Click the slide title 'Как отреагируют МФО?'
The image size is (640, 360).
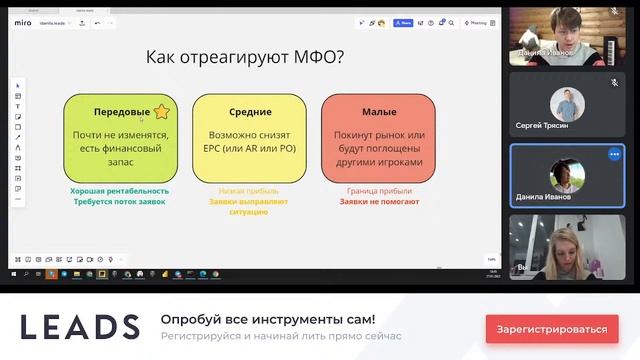click(245, 57)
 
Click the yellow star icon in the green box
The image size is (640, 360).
click(161, 112)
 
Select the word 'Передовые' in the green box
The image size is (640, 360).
click(122, 112)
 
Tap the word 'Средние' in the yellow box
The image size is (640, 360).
click(249, 112)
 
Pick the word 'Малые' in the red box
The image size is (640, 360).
click(379, 112)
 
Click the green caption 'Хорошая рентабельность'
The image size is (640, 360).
click(119, 190)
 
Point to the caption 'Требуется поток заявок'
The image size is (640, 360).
click(119, 201)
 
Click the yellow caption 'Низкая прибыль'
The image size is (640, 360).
click(248, 190)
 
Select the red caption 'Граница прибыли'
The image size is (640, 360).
click(379, 190)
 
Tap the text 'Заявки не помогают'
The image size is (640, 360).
click(379, 201)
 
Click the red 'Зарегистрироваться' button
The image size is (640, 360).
click(552, 328)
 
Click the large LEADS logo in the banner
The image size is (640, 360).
click(80, 327)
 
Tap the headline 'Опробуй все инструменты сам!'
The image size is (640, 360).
click(268, 319)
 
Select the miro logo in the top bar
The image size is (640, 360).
click(23, 21)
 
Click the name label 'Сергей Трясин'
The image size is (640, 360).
click(541, 126)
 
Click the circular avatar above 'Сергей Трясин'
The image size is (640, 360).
click(566, 100)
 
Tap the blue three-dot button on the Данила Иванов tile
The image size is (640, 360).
click(614, 155)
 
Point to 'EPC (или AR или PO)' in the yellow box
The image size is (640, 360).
click(248, 148)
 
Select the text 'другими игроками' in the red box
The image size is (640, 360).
click(379, 161)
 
